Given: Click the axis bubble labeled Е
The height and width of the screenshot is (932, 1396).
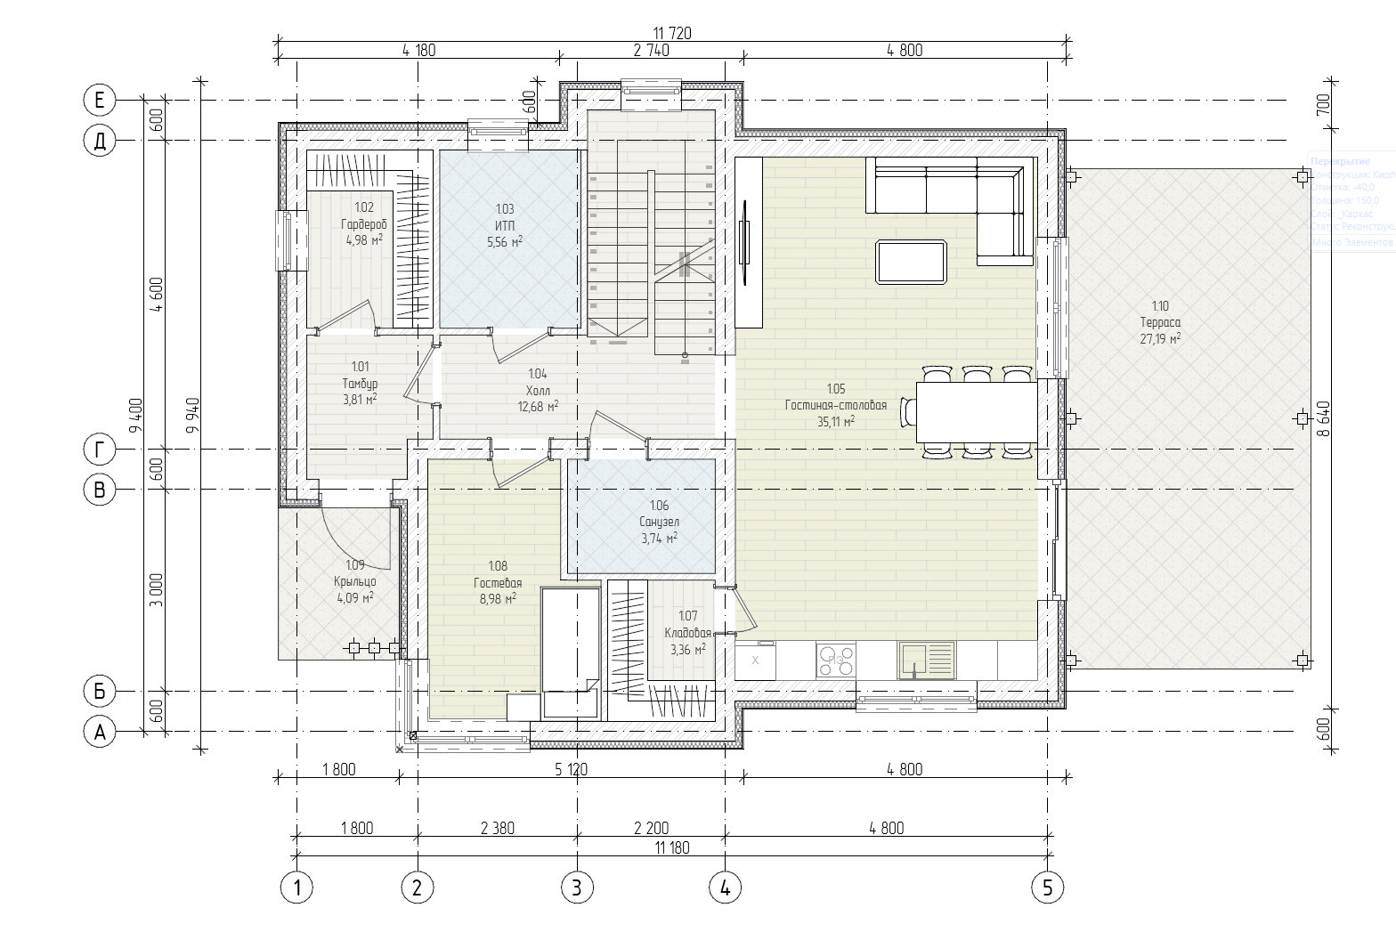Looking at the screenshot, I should click(x=100, y=101).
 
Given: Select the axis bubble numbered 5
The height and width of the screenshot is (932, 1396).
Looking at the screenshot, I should click(x=1047, y=887).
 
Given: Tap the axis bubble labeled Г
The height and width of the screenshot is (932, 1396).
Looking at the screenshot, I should click(x=100, y=450).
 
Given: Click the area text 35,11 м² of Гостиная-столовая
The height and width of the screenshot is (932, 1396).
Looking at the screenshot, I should click(x=835, y=422).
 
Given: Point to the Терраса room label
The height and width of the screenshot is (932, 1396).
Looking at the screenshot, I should click(x=1159, y=322).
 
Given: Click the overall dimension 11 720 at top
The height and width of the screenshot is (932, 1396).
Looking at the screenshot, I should click(x=672, y=33).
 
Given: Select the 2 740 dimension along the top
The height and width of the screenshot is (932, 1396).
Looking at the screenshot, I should click(x=651, y=51).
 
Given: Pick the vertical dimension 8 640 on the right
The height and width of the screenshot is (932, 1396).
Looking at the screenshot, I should click(x=1323, y=418).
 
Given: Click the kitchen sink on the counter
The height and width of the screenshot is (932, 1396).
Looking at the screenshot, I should click(x=926, y=660).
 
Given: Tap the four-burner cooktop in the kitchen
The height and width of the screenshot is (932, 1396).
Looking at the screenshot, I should click(x=835, y=661).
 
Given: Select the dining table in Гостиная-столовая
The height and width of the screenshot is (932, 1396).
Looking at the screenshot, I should click(x=977, y=412).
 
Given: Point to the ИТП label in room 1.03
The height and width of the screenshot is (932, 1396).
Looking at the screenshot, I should click(x=504, y=225).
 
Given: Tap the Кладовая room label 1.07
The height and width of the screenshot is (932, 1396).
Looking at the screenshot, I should click(x=687, y=633).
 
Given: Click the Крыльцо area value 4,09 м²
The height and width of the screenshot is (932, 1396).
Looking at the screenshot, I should click(x=354, y=598).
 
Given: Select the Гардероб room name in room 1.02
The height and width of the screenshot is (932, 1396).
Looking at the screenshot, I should click(x=363, y=224).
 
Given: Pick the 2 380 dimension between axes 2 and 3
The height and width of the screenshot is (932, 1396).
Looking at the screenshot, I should click(x=497, y=828).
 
